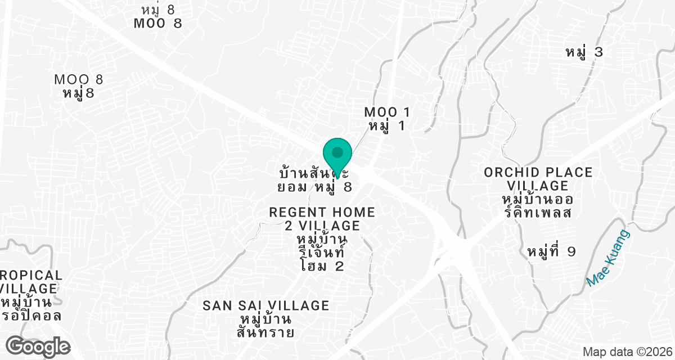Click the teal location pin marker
(337, 154)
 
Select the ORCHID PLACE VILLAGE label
(538, 179)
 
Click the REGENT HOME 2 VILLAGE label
(322, 219)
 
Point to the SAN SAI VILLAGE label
(266, 305)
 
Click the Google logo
(38, 345)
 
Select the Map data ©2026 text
(627, 352)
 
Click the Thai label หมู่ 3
(584, 52)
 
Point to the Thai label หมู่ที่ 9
(552, 251)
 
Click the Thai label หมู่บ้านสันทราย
(266, 326)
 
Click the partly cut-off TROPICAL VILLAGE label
(31, 282)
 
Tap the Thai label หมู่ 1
(386, 126)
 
